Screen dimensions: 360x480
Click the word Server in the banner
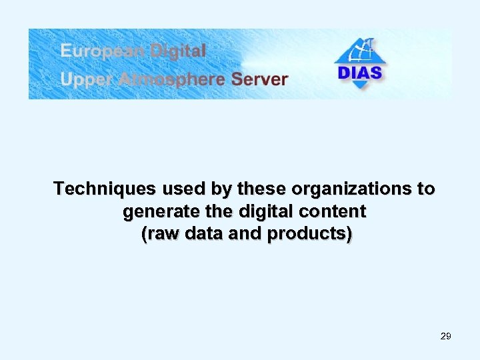click(x=259, y=80)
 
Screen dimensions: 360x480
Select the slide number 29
click(x=446, y=336)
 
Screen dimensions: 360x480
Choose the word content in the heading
click(x=337, y=213)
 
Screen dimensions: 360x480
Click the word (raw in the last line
click(x=158, y=235)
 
